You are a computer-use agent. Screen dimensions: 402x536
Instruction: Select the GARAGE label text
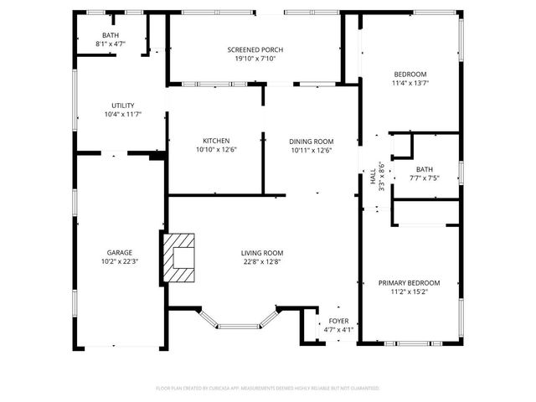tap(119, 252)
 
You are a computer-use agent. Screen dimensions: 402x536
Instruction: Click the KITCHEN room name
tap(216, 141)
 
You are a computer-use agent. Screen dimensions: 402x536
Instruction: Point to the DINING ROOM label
tap(312, 141)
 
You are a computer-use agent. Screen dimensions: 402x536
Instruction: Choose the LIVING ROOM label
tap(262, 252)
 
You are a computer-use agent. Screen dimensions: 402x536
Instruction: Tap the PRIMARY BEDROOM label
tap(409, 283)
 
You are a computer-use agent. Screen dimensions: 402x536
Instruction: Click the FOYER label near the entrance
tap(338, 321)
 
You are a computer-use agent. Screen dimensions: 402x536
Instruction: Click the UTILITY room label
tap(122, 105)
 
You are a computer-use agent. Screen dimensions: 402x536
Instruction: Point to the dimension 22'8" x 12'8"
tap(262, 261)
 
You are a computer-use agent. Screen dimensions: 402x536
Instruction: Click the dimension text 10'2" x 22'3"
tap(119, 261)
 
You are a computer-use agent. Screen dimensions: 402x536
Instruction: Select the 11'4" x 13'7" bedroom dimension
tap(410, 83)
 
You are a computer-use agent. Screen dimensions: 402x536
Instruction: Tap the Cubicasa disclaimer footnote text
tap(268, 389)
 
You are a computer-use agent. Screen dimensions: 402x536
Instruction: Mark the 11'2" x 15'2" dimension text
tap(409, 293)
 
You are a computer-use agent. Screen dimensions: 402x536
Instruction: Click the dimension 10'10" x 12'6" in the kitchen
tap(216, 150)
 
